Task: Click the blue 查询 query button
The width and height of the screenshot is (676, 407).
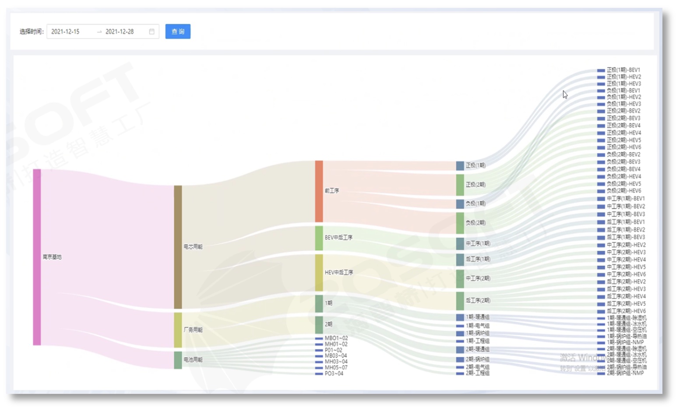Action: (x=178, y=32)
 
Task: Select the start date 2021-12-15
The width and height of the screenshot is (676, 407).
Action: (x=66, y=32)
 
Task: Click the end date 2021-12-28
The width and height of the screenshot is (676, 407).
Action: (x=120, y=32)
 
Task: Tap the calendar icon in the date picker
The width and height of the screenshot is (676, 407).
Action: (x=152, y=32)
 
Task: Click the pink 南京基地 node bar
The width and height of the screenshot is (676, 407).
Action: (x=37, y=257)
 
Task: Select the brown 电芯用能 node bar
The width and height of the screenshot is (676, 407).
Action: (x=178, y=247)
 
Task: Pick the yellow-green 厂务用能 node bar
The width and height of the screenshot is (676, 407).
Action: (x=178, y=330)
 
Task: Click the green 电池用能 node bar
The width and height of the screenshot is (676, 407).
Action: (x=178, y=360)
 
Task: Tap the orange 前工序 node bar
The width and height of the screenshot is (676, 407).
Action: (x=319, y=191)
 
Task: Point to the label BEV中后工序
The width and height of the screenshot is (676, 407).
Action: (x=338, y=238)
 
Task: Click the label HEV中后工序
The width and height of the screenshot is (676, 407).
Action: (x=339, y=272)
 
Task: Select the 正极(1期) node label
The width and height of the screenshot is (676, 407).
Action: (x=475, y=165)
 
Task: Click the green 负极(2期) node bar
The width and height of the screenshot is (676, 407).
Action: (x=460, y=223)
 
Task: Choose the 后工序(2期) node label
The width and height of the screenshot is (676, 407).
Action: (x=478, y=301)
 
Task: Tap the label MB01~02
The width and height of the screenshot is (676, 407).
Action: (x=336, y=338)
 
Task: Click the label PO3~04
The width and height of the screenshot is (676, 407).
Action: (x=334, y=373)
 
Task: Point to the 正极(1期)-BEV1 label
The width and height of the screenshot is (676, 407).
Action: (x=623, y=70)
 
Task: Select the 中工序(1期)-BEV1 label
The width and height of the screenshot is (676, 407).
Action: (x=625, y=199)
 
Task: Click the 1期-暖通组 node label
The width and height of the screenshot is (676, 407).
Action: (x=477, y=317)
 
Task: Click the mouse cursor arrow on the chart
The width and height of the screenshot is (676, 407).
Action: (x=565, y=95)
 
